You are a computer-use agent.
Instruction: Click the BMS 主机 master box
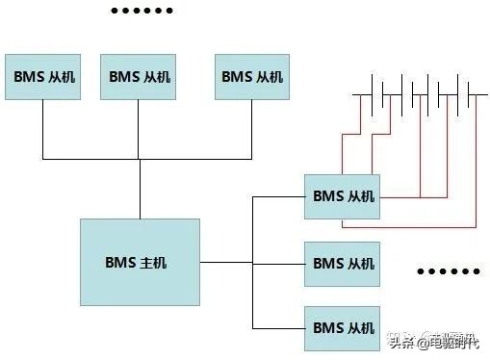tap(140, 262)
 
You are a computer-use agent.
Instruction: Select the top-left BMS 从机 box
tap(42, 76)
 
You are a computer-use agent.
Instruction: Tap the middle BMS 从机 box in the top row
tap(140, 76)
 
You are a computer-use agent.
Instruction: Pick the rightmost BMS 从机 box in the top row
tap(252, 76)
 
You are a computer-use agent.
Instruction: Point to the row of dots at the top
tap(142, 12)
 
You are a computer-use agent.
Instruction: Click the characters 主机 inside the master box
tap(154, 262)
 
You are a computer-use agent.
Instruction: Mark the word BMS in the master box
tap(121, 262)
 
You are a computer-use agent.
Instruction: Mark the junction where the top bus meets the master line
tap(140, 159)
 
